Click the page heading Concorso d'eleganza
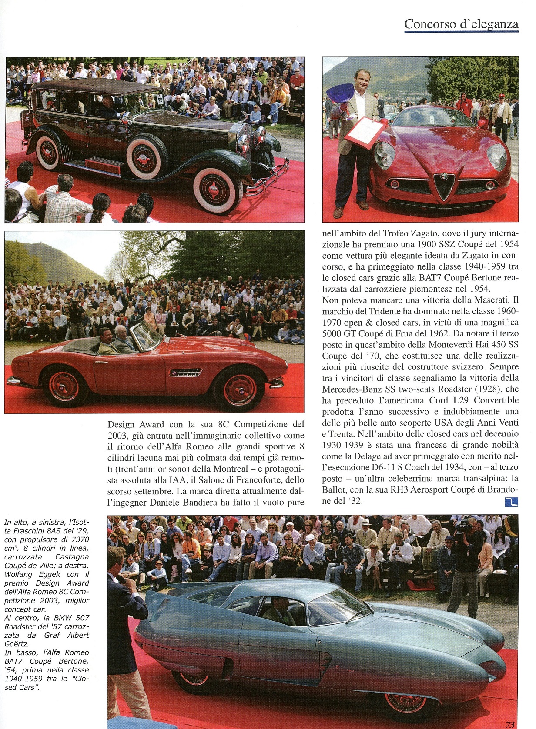[x=461, y=24]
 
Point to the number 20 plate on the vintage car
[x=160, y=100]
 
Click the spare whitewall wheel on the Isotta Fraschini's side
[x=147, y=156]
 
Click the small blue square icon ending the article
[x=511, y=502]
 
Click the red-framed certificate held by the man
[x=365, y=132]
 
